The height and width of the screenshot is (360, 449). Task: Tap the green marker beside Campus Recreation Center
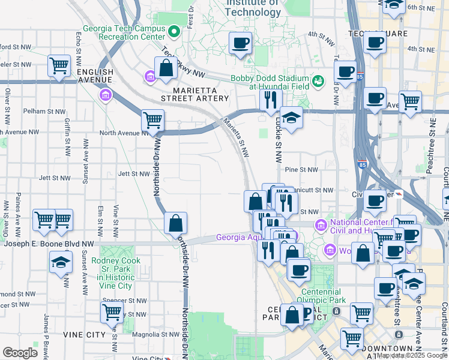coord(175,30)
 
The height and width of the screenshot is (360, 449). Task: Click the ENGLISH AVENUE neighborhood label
coord(95,76)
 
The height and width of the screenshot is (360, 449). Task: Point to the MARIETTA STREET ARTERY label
coord(195,98)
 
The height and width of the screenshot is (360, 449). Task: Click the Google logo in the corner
coord(20,352)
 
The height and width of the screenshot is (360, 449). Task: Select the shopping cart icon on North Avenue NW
coord(152,120)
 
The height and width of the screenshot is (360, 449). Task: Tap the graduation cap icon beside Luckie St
coord(291,117)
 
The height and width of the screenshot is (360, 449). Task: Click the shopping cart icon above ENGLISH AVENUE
coord(59,64)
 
